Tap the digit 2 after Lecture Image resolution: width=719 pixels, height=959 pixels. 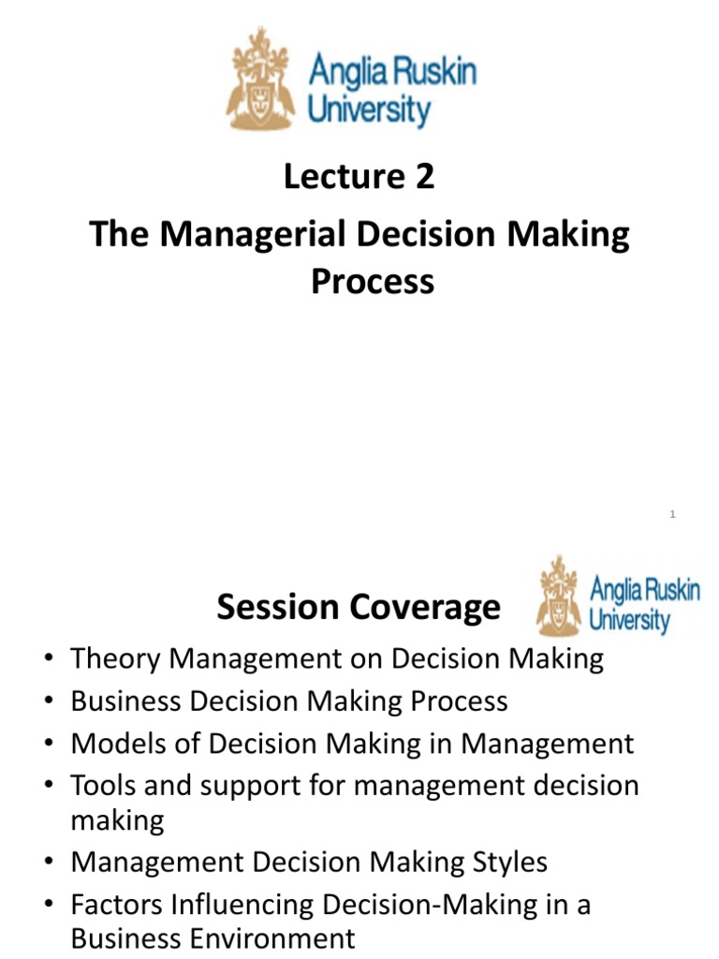(424, 176)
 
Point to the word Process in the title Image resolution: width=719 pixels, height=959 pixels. (373, 281)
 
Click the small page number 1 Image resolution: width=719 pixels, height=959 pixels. (673, 513)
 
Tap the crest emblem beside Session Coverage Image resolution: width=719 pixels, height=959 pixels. (559, 597)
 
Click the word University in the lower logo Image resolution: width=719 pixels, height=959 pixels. (629, 620)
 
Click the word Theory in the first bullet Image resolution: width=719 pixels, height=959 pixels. (113, 659)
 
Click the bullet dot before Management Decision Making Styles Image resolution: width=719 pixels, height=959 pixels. (49, 863)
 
